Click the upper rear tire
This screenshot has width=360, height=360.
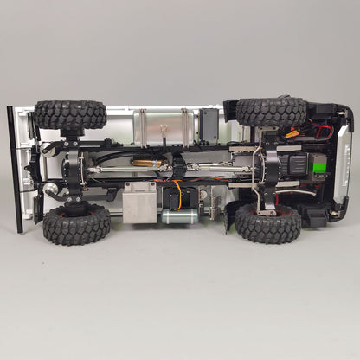71,114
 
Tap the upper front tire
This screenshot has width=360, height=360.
270,112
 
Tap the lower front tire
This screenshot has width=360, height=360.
267,223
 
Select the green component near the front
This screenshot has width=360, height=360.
319,165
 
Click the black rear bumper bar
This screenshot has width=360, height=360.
14,170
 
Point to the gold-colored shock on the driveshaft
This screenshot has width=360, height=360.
144,163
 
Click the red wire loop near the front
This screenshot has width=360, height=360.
322,131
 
